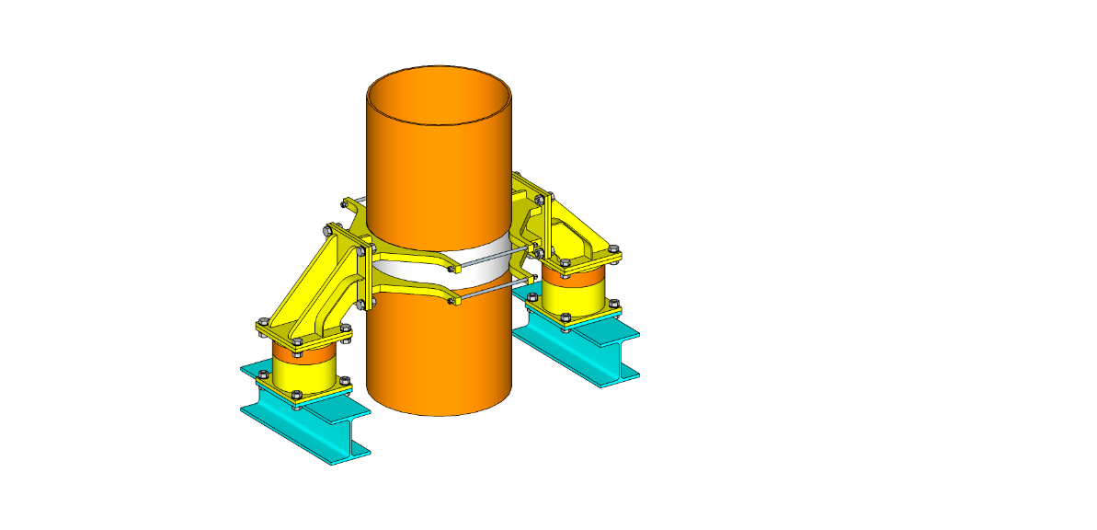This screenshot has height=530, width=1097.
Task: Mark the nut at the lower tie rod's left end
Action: pyautogui.click(x=451, y=300)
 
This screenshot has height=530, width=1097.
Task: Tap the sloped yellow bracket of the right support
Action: pyautogui.click(x=575, y=225)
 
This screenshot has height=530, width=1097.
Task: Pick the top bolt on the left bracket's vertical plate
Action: pyautogui.click(x=329, y=230)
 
